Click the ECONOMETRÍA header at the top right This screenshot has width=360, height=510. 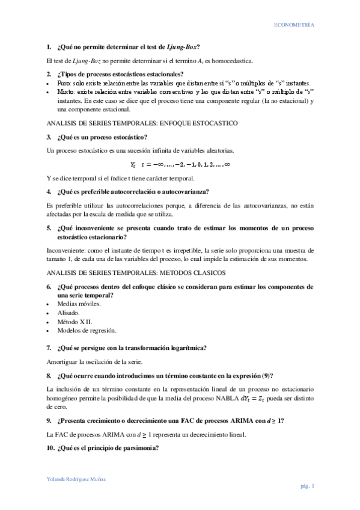click(294, 26)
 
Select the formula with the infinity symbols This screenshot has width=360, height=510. click(180, 164)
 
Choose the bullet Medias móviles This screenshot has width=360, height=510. click(79, 304)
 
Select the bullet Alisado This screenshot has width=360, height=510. click(68, 313)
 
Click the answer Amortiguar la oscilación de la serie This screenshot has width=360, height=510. click(94, 362)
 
